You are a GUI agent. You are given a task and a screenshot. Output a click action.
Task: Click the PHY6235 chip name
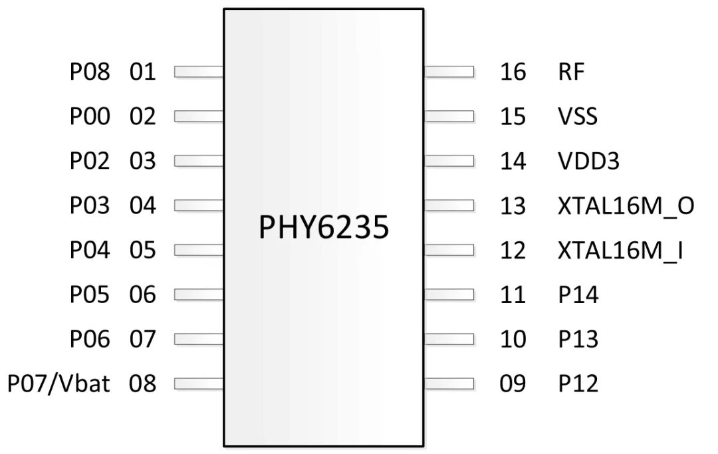pyautogui.click(x=324, y=227)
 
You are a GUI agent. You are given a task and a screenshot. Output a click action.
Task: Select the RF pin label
pyautogui.click(x=571, y=72)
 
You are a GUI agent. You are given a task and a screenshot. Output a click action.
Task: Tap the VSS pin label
pyautogui.click(x=578, y=116)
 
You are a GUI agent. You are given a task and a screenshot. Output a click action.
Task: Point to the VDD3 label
pyautogui.click(x=588, y=161)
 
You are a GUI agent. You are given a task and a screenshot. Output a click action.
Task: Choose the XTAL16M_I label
pyautogui.click(x=620, y=251)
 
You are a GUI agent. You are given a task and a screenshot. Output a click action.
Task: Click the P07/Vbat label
pyautogui.click(x=59, y=384)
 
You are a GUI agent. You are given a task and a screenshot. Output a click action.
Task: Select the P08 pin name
pyautogui.click(x=90, y=72)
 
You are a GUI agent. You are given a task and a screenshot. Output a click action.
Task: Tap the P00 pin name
pyautogui.click(x=90, y=116)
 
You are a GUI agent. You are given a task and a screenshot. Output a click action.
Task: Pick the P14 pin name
pyautogui.click(x=578, y=294)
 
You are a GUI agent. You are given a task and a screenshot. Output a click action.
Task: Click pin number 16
pyautogui.click(x=513, y=72)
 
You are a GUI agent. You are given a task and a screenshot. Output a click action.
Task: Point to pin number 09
pyautogui.click(x=513, y=384)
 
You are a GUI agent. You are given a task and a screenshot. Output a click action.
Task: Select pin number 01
pyautogui.click(x=142, y=72)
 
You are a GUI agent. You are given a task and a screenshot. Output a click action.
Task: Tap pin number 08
pyautogui.click(x=142, y=384)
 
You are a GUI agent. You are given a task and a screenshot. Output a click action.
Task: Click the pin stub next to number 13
pyautogui.click(x=449, y=205)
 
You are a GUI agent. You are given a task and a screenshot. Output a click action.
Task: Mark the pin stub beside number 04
pyautogui.click(x=199, y=205)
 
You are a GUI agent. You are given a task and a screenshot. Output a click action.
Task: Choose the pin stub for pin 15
pyautogui.click(x=449, y=116)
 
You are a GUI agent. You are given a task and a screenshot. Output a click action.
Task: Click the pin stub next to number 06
pyautogui.click(x=199, y=294)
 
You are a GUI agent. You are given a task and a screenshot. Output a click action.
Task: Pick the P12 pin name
pyautogui.click(x=578, y=384)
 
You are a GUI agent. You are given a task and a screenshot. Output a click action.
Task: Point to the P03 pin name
pyautogui.click(x=90, y=205)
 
